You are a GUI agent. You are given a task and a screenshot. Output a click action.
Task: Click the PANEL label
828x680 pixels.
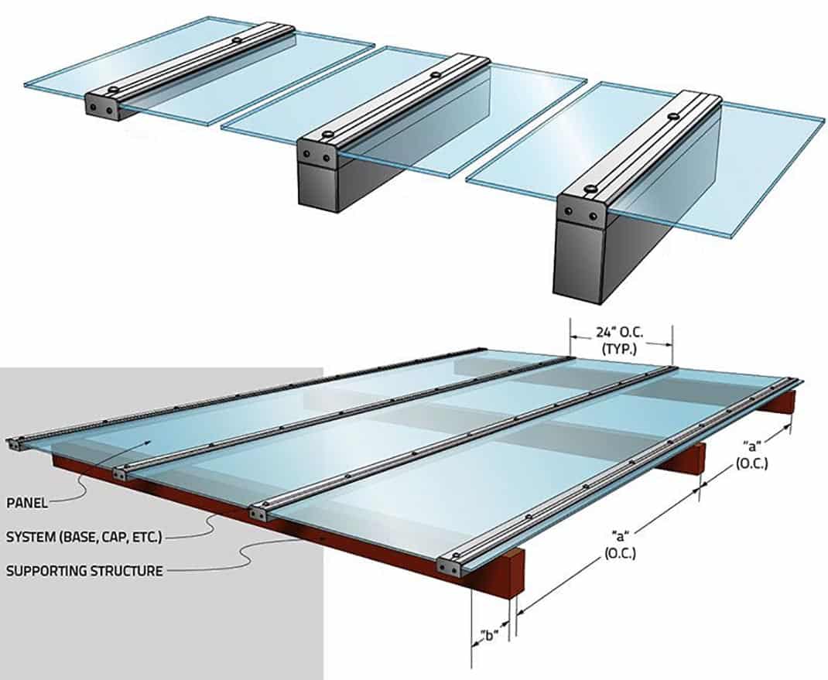pyautogui.click(x=27, y=502)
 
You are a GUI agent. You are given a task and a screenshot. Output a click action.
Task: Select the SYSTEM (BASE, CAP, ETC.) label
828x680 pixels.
pyautogui.click(x=84, y=537)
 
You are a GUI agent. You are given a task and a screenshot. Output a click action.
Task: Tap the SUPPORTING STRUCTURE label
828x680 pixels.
pyautogui.click(x=84, y=571)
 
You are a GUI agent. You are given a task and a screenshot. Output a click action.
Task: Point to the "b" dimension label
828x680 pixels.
pyautogui.click(x=489, y=635)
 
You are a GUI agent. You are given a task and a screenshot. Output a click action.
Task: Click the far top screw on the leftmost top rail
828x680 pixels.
pyautogui.click(x=237, y=39)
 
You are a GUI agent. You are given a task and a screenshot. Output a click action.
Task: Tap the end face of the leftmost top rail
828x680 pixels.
pyautogui.click(x=101, y=108)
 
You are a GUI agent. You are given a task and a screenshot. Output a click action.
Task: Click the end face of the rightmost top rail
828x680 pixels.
pyautogui.click(x=581, y=213)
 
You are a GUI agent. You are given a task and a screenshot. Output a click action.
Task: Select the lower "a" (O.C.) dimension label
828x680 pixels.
pyautogui.click(x=621, y=545)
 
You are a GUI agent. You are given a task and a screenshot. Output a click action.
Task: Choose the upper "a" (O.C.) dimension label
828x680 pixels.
pyautogui.click(x=751, y=455)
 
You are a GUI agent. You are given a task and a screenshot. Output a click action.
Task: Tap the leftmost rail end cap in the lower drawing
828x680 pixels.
pyautogui.click(x=15, y=444)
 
